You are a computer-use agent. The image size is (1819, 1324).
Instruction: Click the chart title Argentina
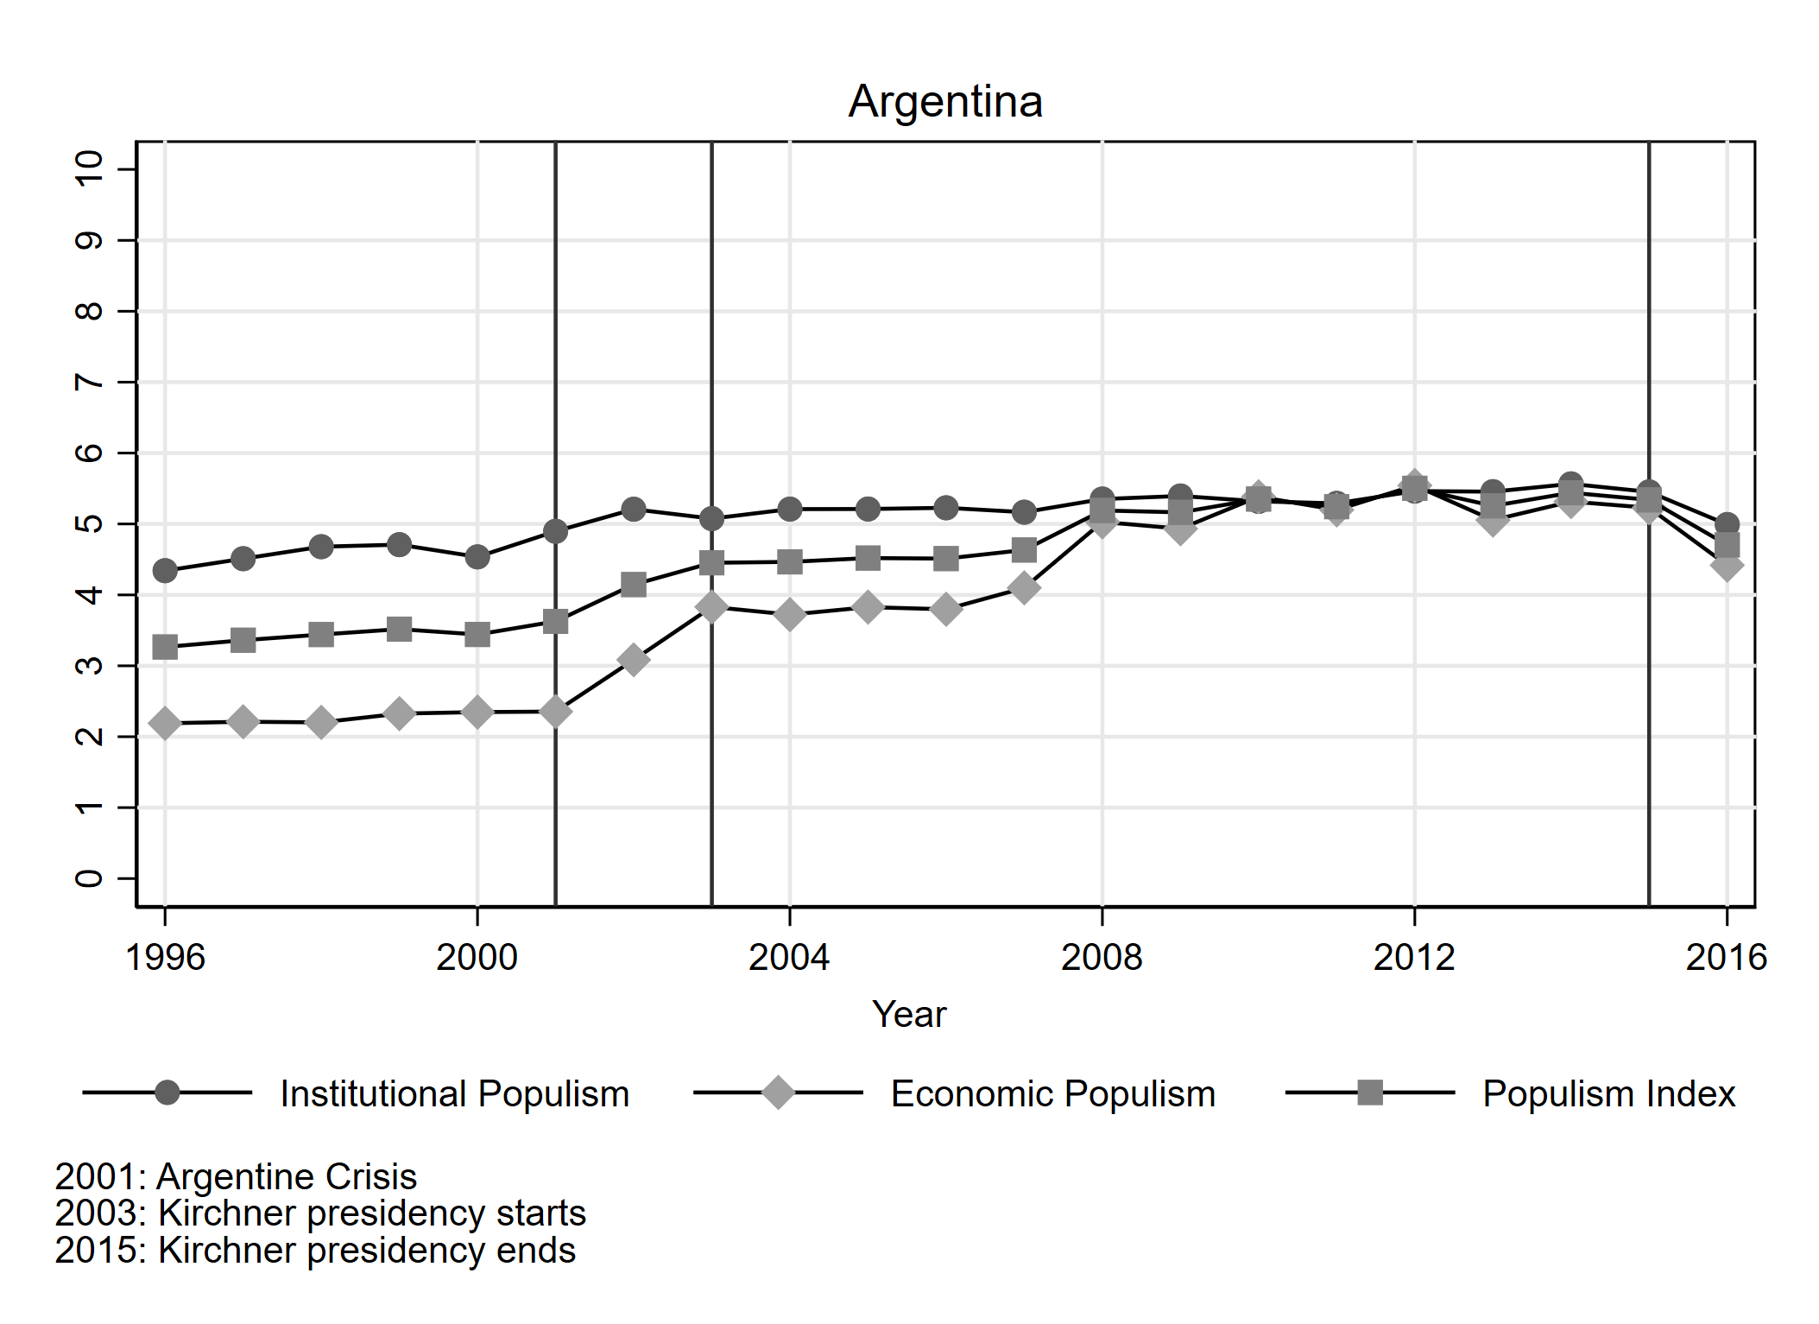point(945,102)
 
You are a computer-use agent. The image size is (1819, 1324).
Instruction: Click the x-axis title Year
point(908,1014)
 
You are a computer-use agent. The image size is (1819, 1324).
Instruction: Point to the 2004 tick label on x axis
point(788,957)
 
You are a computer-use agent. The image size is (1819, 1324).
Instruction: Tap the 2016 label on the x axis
point(1726,957)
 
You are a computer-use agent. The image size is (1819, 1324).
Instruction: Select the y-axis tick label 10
point(90,168)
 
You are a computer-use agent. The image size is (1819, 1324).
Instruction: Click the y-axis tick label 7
point(90,382)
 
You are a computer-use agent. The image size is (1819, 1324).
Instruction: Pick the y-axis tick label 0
point(90,878)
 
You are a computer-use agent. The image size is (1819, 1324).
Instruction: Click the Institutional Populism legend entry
point(454,1093)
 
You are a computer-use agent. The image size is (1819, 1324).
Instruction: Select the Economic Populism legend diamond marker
point(778,1093)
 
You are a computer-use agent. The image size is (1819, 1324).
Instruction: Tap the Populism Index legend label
point(1608,1093)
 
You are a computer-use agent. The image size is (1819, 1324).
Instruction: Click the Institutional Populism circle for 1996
point(165,570)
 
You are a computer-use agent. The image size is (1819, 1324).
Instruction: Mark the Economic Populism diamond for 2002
point(633,661)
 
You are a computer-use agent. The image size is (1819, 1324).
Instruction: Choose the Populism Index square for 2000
point(477,635)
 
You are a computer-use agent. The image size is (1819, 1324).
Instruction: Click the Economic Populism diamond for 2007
point(1023,588)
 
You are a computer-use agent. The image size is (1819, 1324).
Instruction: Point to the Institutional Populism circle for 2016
point(1726,524)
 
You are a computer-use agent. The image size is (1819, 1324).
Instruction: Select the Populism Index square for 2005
point(868,558)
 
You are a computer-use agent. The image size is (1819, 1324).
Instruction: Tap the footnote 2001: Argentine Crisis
point(236,1177)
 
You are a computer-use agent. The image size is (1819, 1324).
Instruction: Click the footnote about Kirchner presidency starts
point(320,1213)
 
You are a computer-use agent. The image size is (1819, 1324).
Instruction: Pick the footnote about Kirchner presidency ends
point(315,1251)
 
